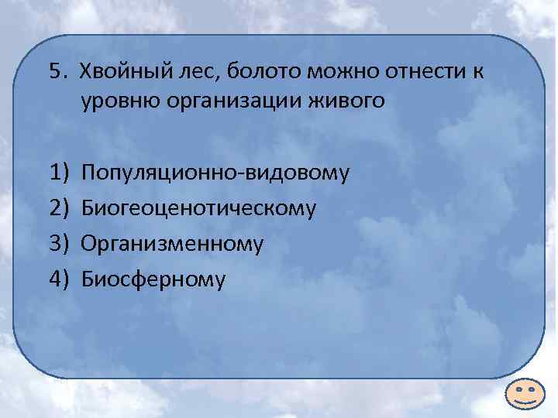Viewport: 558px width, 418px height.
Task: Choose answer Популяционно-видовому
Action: coord(216,172)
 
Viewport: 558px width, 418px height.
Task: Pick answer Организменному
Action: coord(173,243)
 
